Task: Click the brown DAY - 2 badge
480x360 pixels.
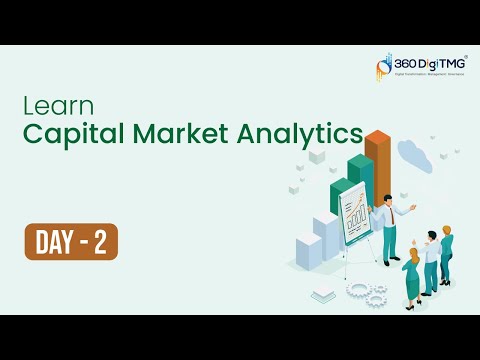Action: (71, 241)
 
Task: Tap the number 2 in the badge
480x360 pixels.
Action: (100, 241)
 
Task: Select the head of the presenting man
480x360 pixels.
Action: (387, 198)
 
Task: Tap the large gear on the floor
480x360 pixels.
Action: (359, 290)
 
